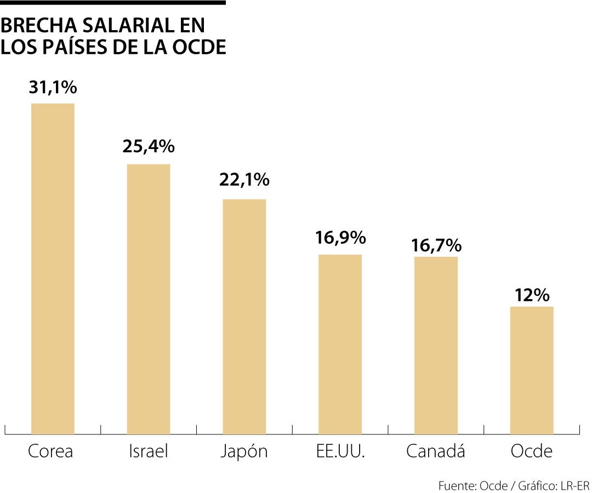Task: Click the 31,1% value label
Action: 53,87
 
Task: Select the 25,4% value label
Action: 149,146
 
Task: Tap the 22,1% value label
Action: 244,180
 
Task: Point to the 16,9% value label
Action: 340,238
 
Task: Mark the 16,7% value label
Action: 436,245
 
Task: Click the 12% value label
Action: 532,296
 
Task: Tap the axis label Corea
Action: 50,451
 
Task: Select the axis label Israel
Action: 148,451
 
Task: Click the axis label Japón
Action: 244,452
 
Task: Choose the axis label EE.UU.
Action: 340,451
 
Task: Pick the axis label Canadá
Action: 436,451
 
